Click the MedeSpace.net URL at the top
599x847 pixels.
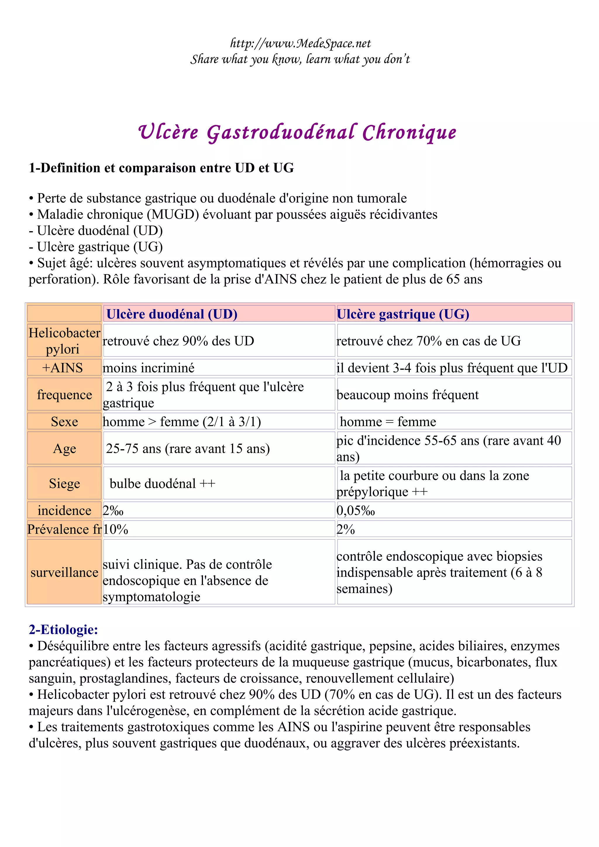(300, 44)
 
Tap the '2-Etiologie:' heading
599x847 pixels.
(63, 629)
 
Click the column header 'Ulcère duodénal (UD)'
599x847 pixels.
(172, 314)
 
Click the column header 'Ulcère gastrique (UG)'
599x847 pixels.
(403, 314)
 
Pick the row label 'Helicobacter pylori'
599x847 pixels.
(64, 340)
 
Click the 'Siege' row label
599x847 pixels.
(64, 483)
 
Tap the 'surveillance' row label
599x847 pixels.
(64, 572)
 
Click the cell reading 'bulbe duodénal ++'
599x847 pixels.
(162, 483)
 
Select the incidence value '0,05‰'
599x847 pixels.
(355, 511)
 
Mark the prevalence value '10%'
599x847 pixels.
(116, 529)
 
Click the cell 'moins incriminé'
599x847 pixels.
(148, 368)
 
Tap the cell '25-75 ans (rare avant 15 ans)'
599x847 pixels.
(188, 449)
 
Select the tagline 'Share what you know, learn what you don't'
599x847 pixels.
(300, 59)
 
